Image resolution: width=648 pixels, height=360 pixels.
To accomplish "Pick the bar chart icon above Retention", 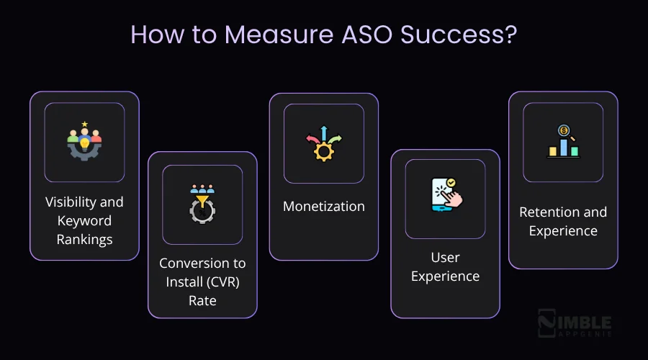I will click(x=563, y=142).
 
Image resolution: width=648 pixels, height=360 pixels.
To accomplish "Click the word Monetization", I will click(x=324, y=207).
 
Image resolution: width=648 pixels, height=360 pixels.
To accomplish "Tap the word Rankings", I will click(x=84, y=239).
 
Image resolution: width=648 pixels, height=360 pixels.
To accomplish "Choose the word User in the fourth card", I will click(x=445, y=257).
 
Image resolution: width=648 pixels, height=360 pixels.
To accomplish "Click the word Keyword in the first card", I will click(x=84, y=220).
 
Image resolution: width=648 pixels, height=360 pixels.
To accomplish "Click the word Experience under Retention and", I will click(x=563, y=231).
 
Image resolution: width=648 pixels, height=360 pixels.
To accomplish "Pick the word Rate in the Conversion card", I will click(x=202, y=300).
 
